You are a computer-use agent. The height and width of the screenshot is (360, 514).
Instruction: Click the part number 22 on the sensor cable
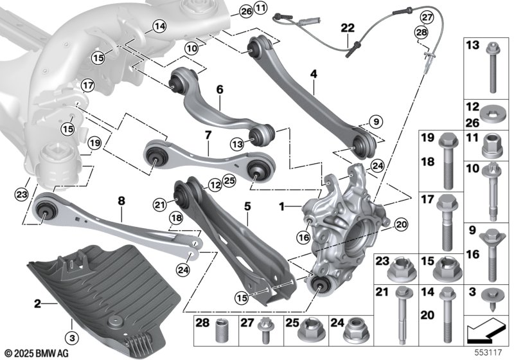[348, 28]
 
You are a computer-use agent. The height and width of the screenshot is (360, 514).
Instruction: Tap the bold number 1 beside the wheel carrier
[280, 208]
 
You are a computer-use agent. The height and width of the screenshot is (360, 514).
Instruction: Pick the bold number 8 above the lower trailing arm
[121, 201]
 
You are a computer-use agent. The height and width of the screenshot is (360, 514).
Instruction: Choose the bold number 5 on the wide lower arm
[246, 207]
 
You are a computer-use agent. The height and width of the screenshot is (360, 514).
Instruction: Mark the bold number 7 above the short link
[208, 135]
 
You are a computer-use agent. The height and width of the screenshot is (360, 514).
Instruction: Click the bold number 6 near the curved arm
[219, 91]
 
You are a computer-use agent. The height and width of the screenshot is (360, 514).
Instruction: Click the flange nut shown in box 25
[306, 331]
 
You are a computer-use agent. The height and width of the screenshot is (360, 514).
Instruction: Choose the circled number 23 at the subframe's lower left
[22, 192]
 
